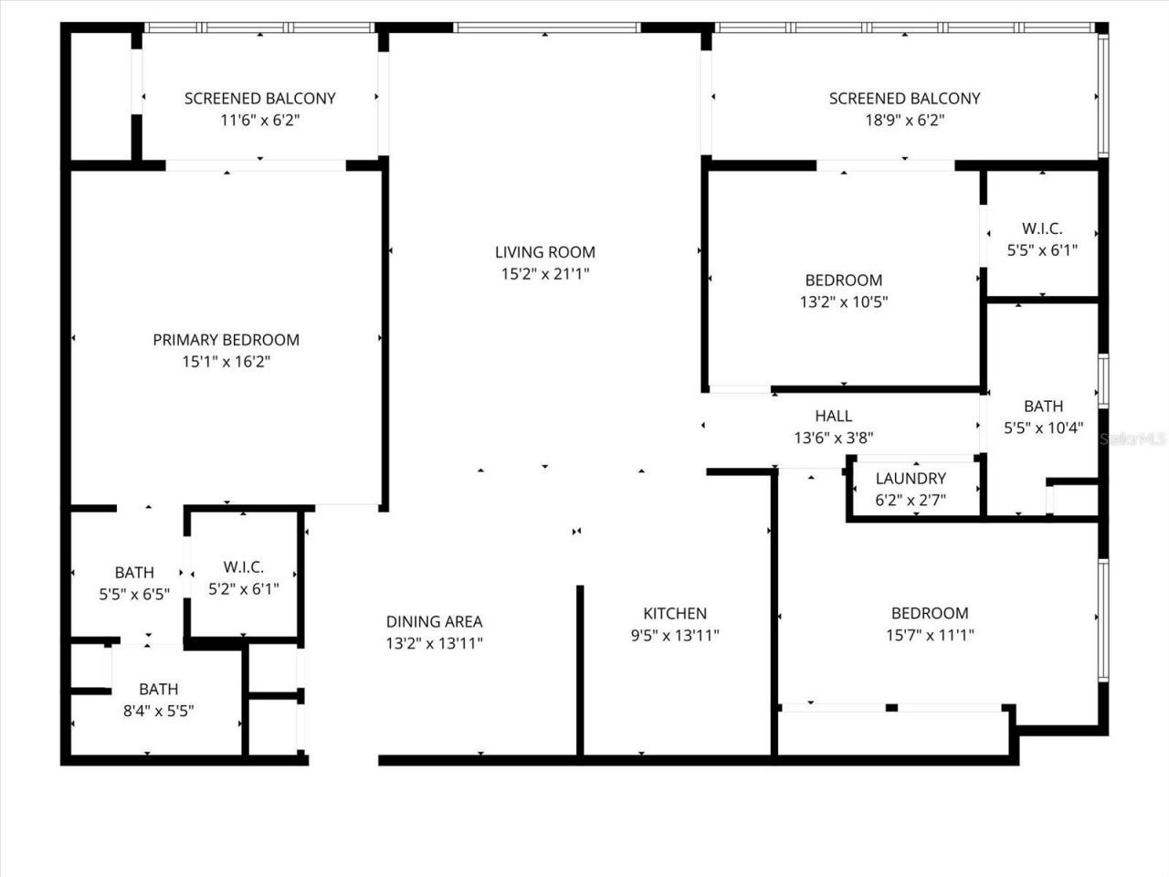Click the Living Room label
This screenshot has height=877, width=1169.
[545, 252]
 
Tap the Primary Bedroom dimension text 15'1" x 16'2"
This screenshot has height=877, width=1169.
[226, 362]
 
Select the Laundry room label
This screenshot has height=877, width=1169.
[911, 478]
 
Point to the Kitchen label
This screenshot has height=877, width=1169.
[675, 613]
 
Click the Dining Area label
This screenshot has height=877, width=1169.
[434, 621]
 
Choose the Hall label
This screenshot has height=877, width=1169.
[834, 416]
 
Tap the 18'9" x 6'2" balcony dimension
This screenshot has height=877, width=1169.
[904, 120]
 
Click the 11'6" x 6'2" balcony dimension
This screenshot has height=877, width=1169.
[260, 120]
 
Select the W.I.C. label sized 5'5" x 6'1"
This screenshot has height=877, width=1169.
[1042, 228]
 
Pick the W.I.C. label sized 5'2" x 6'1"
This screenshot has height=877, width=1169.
[244, 567]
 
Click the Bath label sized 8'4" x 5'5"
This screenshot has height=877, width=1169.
[159, 689]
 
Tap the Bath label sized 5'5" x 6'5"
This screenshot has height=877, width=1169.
[134, 573]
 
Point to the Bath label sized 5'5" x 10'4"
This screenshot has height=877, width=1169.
[1043, 406]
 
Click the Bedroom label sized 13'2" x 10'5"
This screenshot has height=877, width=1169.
[844, 280]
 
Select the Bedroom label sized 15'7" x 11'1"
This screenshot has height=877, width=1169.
[930, 613]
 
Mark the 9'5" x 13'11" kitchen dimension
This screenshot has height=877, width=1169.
[675, 635]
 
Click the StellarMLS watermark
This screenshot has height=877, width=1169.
[1133, 439]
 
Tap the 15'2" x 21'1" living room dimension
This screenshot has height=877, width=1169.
[545, 274]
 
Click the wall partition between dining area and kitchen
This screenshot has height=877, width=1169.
[580, 671]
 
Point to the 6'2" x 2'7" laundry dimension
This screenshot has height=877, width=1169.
[911, 500]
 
